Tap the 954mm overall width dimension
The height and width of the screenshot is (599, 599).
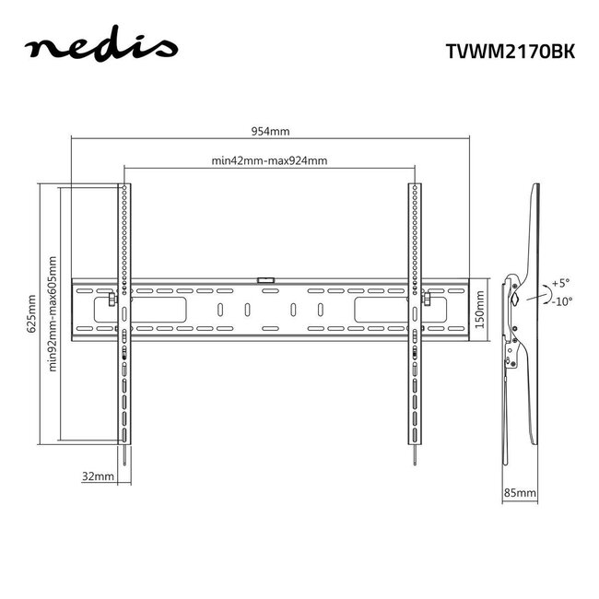(x=268, y=132)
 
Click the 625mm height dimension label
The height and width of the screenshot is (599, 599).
(x=33, y=314)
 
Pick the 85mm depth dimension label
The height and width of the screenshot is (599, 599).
(x=520, y=494)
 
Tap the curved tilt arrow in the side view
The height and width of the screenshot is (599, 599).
(x=544, y=293)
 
